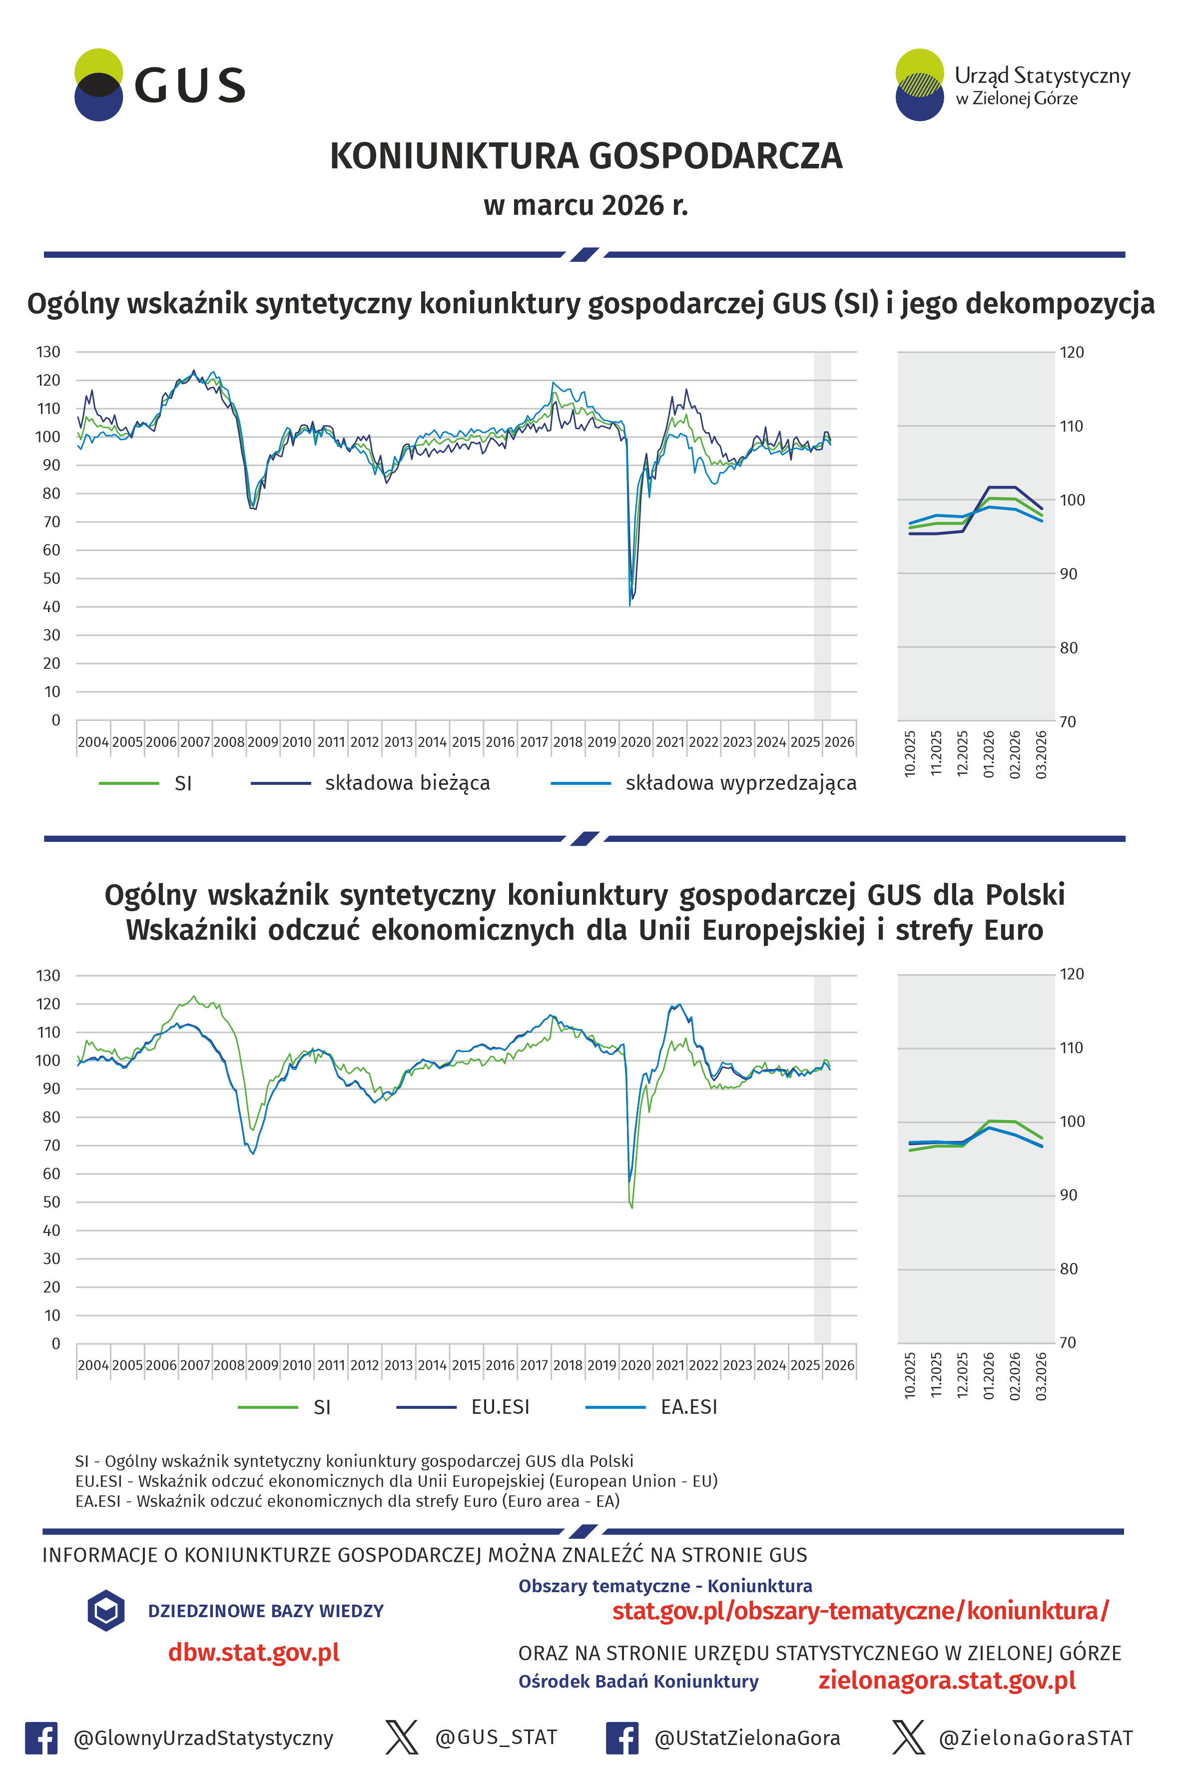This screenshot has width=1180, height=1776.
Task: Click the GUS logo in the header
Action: (x=159, y=85)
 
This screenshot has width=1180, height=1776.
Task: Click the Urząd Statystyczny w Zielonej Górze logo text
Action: (x=1042, y=86)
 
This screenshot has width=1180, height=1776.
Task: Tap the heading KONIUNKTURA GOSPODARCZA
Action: (x=586, y=156)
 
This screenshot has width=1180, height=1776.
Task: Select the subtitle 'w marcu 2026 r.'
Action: (x=586, y=205)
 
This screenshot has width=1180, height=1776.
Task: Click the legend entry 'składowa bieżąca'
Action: (x=407, y=783)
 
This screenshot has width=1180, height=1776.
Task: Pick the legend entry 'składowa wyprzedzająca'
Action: (x=740, y=783)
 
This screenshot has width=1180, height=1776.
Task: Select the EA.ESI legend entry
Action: (x=688, y=1407)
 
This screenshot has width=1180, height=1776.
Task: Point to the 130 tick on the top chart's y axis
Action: (x=48, y=352)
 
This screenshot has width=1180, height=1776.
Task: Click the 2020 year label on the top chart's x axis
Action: (x=635, y=742)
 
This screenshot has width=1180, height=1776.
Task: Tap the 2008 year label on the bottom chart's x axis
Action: (x=229, y=1365)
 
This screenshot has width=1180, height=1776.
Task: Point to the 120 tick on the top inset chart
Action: (x=1072, y=352)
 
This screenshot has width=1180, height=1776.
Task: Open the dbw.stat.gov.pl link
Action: (x=254, y=1653)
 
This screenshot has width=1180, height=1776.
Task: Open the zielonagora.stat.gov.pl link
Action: (x=947, y=1681)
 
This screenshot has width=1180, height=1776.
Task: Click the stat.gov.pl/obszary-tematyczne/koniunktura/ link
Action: (x=860, y=1611)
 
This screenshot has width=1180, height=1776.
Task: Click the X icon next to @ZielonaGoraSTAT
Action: (x=908, y=1738)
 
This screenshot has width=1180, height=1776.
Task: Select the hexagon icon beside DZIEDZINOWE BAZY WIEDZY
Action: (x=106, y=1611)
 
